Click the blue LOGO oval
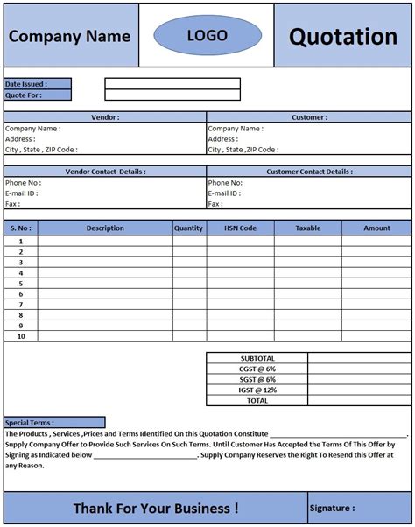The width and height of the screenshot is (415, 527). pyautogui.click(x=207, y=36)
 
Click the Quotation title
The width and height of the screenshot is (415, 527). pyautogui.click(x=343, y=37)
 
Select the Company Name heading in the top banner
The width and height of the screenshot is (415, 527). pyautogui.click(x=69, y=37)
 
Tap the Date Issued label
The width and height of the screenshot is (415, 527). pyautogui.click(x=26, y=84)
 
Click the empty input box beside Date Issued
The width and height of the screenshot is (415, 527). pyautogui.click(x=172, y=84)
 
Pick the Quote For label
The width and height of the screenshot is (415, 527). pyautogui.click(x=25, y=95)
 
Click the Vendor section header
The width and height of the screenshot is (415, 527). pyautogui.click(x=105, y=116)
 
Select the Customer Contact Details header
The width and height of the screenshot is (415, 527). pyautogui.click(x=309, y=172)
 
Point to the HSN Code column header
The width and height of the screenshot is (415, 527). pyautogui.click(x=240, y=228)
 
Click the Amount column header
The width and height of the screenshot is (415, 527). pyautogui.click(x=376, y=228)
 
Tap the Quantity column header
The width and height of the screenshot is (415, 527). pyautogui.click(x=188, y=228)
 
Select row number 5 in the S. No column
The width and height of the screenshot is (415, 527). pyautogui.click(x=20, y=283)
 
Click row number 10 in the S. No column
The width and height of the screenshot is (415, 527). pyautogui.click(x=20, y=336)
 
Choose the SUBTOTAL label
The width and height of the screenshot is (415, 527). pyautogui.click(x=257, y=358)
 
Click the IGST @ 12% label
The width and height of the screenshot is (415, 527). pyautogui.click(x=257, y=390)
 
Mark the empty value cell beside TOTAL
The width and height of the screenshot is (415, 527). pyautogui.click(x=359, y=400)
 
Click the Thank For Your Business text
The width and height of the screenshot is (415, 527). pyautogui.click(x=155, y=508)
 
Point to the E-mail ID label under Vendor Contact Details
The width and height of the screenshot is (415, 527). pyautogui.click(x=21, y=193)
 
